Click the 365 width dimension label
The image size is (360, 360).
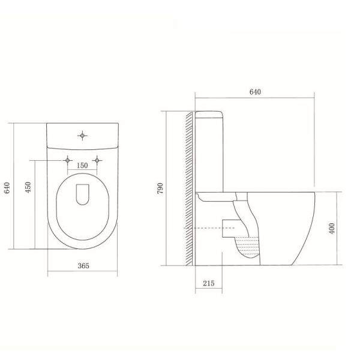pos(83,266)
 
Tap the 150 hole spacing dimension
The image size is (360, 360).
pos(82,166)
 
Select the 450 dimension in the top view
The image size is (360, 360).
pos(28,187)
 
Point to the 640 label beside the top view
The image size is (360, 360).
pos(7,188)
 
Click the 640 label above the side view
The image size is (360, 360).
pos(255,92)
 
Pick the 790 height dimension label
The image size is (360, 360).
pos(160,188)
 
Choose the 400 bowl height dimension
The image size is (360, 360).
pos(332,228)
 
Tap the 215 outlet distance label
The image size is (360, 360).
pos(208,283)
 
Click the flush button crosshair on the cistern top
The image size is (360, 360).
pos(82,136)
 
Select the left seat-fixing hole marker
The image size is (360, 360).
pos(67,160)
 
